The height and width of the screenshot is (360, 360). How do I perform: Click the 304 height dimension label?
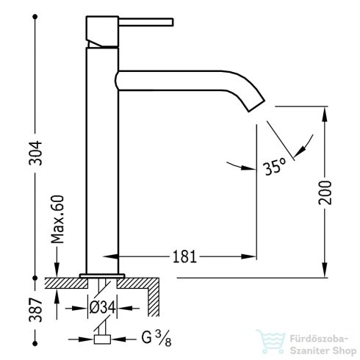point(36,153)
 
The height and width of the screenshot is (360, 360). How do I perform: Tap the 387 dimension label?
point(36,310)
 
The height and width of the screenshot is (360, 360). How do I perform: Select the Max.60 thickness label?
point(58,219)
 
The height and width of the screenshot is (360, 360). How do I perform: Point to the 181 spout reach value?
point(184,256)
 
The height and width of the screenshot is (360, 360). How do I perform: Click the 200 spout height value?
point(325,192)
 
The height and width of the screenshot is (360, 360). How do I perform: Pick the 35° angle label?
point(275,167)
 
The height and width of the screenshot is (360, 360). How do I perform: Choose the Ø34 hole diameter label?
point(102,307)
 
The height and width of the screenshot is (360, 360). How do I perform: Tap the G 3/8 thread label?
point(156,338)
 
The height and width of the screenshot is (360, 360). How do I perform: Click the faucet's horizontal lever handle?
point(146,22)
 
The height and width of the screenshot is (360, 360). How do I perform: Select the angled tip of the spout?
point(256,106)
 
